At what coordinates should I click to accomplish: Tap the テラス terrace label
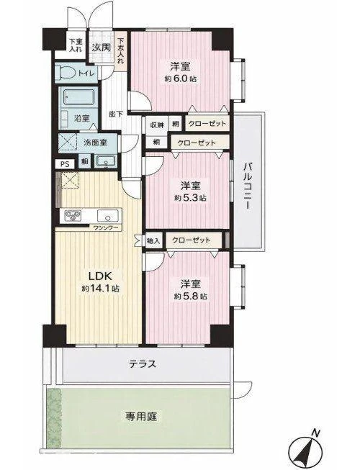(x=143, y=364)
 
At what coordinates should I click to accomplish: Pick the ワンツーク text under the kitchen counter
(x=104, y=229)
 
